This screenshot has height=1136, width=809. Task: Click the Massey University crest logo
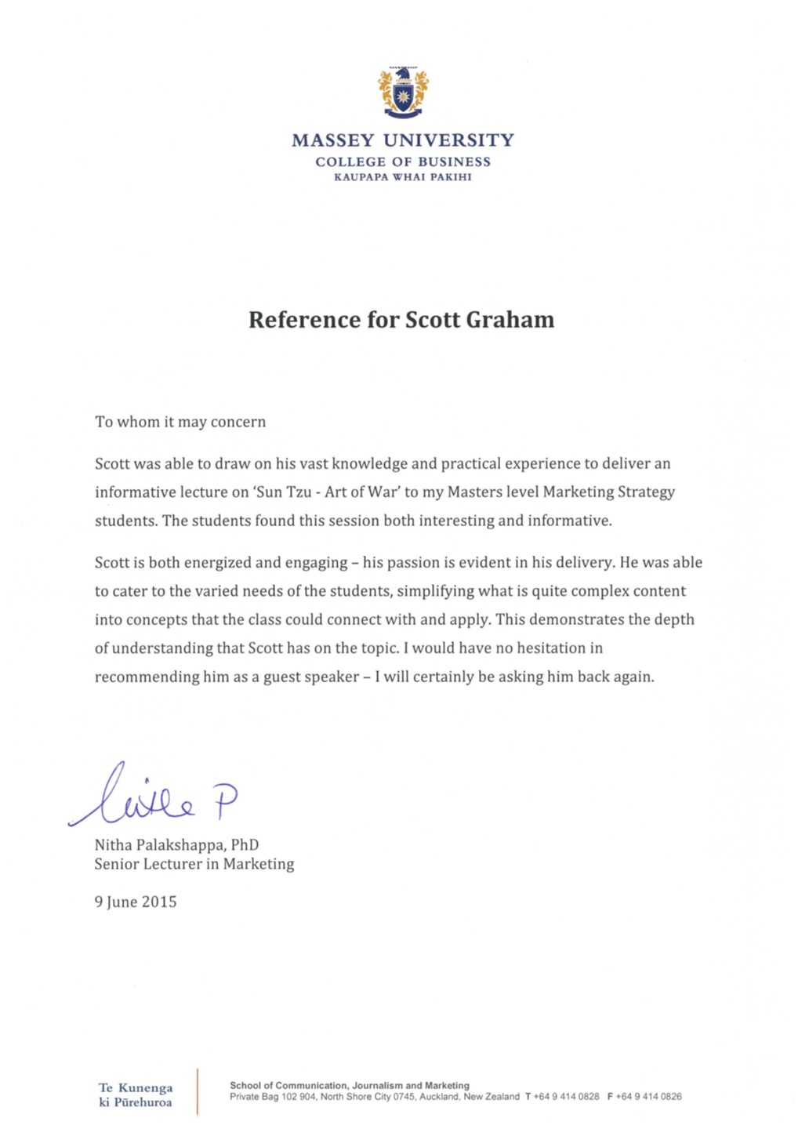tap(403, 93)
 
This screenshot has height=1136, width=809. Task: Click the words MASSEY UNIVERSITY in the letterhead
tap(403, 140)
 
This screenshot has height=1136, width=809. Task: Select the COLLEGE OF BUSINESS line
tap(403, 162)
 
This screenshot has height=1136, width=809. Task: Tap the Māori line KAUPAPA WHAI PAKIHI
tap(403, 177)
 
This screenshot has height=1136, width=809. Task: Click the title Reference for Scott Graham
tap(401, 320)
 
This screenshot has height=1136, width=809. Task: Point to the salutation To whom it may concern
tap(180, 422)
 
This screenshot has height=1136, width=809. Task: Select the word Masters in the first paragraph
tap(473, 492)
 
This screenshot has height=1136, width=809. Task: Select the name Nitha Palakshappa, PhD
tap(176, 845)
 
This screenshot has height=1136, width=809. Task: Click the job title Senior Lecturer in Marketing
tap(194, 864)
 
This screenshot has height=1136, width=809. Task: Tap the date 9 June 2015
tap(136, 902)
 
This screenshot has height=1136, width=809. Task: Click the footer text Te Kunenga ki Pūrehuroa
tap(135, 1095)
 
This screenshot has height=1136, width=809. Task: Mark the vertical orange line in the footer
tap(198, 1091)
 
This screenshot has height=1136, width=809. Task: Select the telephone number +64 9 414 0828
tap(567, 1097)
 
